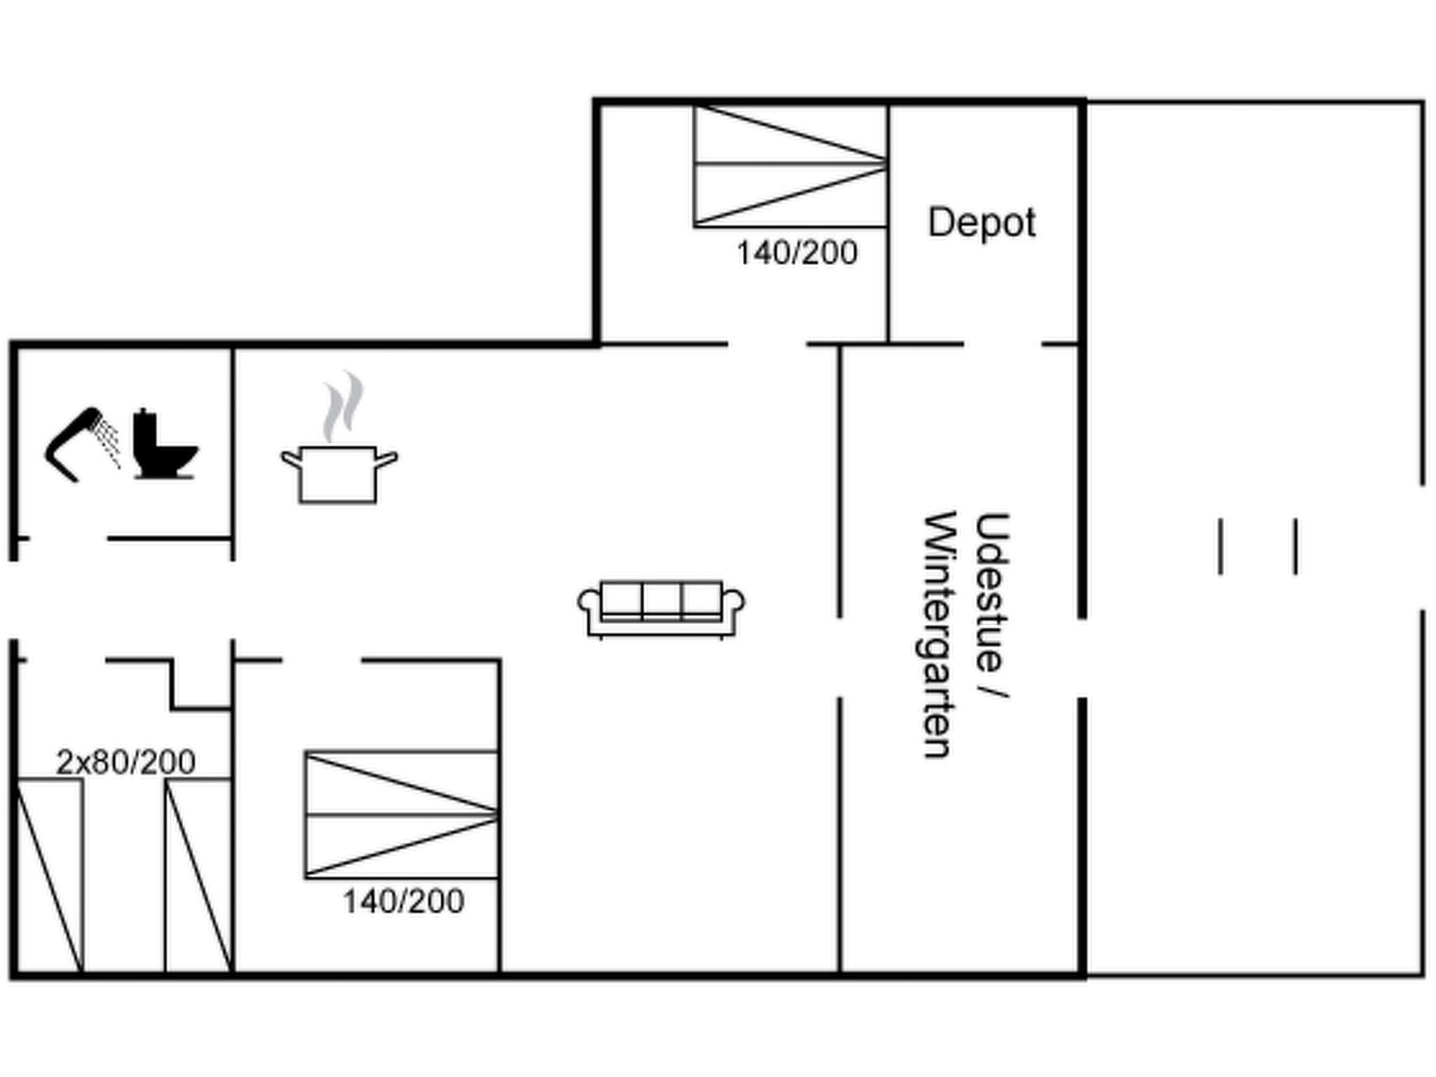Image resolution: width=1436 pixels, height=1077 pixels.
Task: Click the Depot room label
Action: pos(981,223)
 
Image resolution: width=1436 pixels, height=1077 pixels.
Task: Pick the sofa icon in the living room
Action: pos(661,608)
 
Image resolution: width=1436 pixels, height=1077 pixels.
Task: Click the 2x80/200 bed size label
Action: pos(126,762)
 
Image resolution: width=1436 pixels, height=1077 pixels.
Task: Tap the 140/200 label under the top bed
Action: pos(797,253)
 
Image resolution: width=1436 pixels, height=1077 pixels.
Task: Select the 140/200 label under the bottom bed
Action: pos(403,902)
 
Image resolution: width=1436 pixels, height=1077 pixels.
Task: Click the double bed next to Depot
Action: pos(790,165)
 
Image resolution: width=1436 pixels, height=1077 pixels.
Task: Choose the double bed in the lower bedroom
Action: pos(402,815)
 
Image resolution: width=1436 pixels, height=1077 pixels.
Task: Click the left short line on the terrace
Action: pos(1221,547)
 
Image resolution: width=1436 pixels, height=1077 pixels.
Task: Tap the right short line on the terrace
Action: pos(1295,547)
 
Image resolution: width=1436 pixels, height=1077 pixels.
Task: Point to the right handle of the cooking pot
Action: pos(387,459)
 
